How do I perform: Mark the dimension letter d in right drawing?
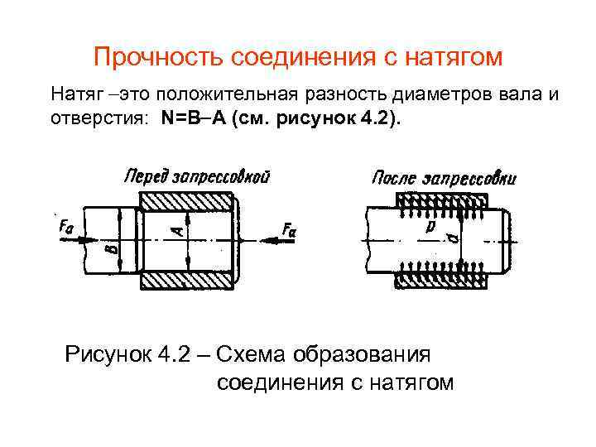point(452,240)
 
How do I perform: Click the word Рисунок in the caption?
point(107,355)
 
